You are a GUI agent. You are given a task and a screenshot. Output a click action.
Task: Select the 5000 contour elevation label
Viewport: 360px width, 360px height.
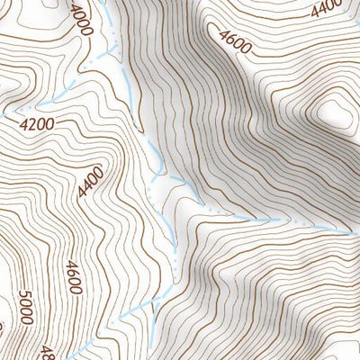24,307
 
